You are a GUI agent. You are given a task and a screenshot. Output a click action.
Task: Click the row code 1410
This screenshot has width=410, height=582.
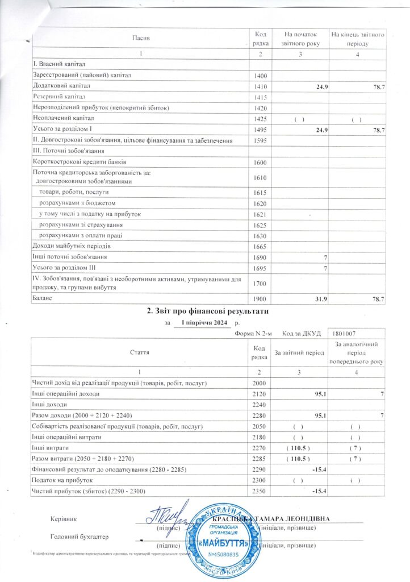pos(258,86)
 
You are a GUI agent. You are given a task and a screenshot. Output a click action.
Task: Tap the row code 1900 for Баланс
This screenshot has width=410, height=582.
pos(258,298)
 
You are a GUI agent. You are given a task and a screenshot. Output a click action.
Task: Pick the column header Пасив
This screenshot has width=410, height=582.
pos(141,38)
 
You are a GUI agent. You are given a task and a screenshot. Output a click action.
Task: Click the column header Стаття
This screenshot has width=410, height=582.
pos(139,352)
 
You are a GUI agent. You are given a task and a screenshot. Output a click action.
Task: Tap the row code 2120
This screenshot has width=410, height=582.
pos(258,393)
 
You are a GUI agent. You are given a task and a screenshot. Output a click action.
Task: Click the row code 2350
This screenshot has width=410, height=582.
pos(258,490)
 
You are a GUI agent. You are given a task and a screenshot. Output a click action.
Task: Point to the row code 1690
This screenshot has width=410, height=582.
pos(258,257)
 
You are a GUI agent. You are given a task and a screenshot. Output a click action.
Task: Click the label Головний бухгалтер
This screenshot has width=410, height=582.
pos(79,536)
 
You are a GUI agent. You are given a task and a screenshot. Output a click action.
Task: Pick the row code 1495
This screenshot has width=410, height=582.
pos(258,130)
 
